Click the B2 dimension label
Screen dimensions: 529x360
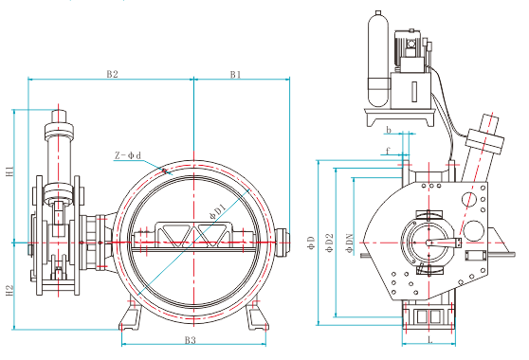pyautogui.click(x=113, y=74)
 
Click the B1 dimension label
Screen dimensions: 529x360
pyautogui.click(x=235, y=74)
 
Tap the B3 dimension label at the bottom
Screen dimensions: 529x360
pyautogui.click(x=191, y=340)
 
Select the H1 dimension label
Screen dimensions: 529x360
pyautogui.click(x=9, y=171)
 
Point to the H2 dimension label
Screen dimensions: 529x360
pyautogui.click(x=9, y=291)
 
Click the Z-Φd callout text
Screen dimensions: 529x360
pyautogui.click(x=128, y=155)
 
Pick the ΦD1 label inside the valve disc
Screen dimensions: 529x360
pyautogui.click(x=217, y=211)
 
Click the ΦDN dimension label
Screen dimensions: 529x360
pyautogui.click(x=349, y=243)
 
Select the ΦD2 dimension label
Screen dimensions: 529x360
pyautogui.click(x=329, y=243)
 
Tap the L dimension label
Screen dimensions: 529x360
pyautogui.click(x=430, y=340)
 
